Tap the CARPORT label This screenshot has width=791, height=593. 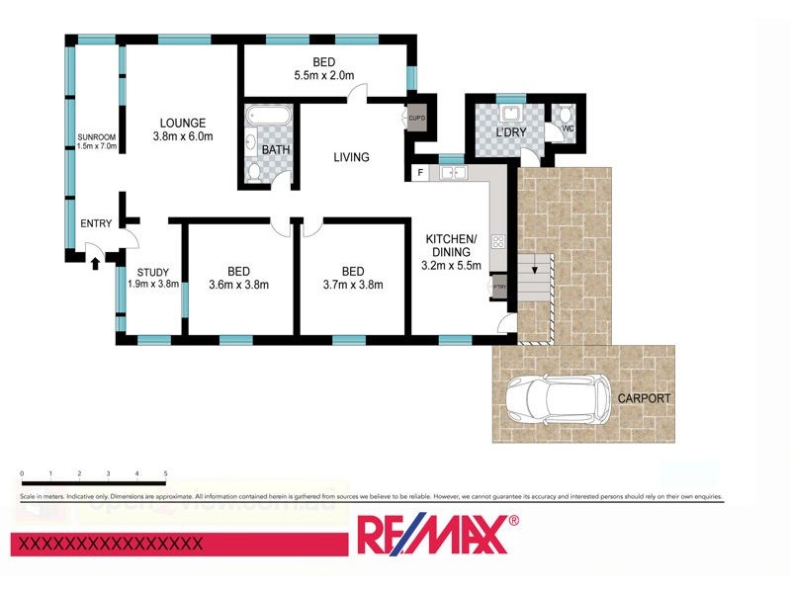tap(644, 398)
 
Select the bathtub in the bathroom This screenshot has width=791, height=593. tap(267, 122)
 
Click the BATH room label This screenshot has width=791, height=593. tap(275, 149)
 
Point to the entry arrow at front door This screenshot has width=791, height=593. tap(95, 261)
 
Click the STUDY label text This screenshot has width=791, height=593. tap(153, 273)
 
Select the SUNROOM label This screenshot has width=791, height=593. tap(98, 136)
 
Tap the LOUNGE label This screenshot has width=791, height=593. tap(183, 124)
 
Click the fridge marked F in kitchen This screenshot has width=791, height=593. tap(420, 174)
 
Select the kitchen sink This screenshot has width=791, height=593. tap(454, 174)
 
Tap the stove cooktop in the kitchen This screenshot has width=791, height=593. tap(498, 240)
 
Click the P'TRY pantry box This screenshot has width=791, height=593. tap(498, 287)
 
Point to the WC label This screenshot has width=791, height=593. tap(568, 128)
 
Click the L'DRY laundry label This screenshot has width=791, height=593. tap(510, 131)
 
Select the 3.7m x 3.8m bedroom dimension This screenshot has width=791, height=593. tap(352, 285)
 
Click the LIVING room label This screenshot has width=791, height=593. tap(351, 157)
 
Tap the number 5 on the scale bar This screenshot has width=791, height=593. tap(165, 474)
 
